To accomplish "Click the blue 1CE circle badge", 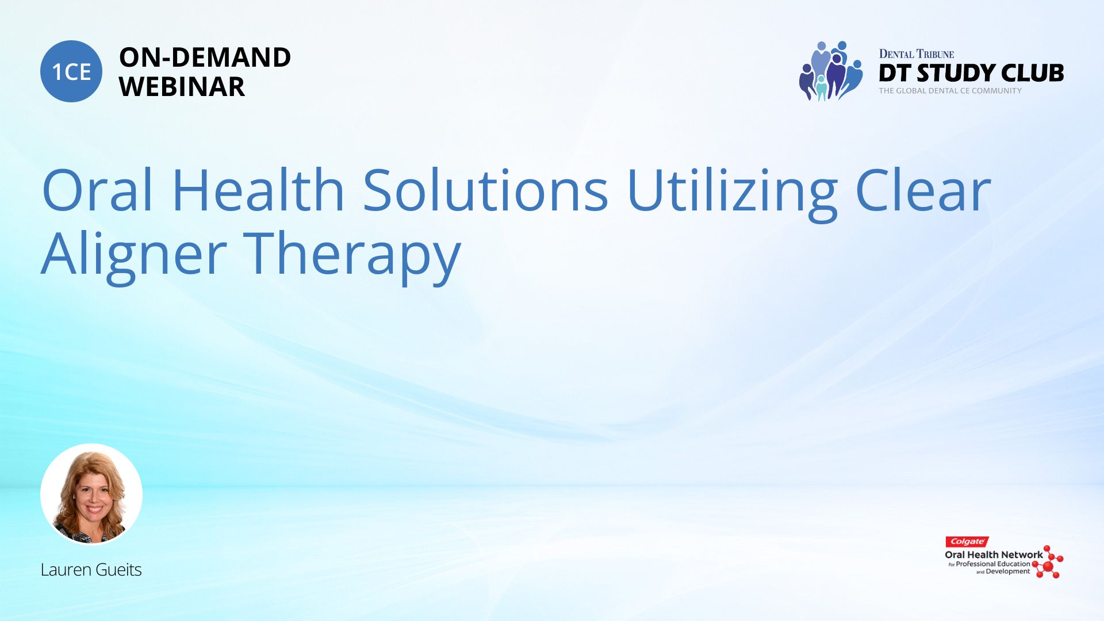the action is [71, 71].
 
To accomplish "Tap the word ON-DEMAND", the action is [205, 57].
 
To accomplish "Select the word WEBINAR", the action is [182, 87].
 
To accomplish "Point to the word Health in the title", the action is [258, 189].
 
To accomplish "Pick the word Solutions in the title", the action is [485, 189].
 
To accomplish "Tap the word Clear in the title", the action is [923, 189].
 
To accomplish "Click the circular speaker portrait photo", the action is [91, 494].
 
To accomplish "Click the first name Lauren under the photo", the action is [66, 569].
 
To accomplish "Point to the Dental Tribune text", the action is [917, 54].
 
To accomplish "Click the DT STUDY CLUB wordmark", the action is [971, 73].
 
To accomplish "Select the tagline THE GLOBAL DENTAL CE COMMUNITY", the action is [950, 91].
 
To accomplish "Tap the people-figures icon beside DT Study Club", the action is [831, 71].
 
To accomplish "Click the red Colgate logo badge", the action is [967, 542].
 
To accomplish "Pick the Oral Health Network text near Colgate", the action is [994, 555].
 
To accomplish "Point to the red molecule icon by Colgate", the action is [1048, 562].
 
